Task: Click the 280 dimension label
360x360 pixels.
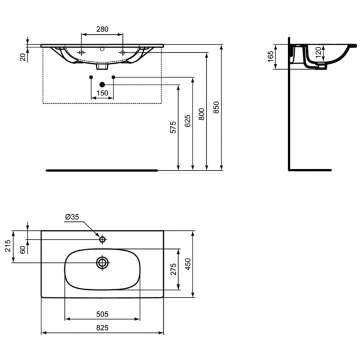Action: tap(102, 28)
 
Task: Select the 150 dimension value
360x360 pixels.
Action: tap(102, 93)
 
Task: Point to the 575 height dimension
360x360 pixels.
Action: tap(173, 127)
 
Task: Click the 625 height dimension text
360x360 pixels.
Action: tap(187, 120)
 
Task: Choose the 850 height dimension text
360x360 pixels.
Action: tap(216, 107)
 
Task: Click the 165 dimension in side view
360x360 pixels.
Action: tap(271, 56)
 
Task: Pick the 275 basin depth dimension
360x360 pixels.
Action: tap(173, 270)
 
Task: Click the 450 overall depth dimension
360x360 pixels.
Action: tap(187, 265)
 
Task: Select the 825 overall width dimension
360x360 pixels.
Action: tap(102, 327)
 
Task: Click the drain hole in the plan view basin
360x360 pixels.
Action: tap(103, 262)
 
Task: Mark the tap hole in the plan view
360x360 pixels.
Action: tap(103, 240)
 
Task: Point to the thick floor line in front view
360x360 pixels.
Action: tap(102, 170)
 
